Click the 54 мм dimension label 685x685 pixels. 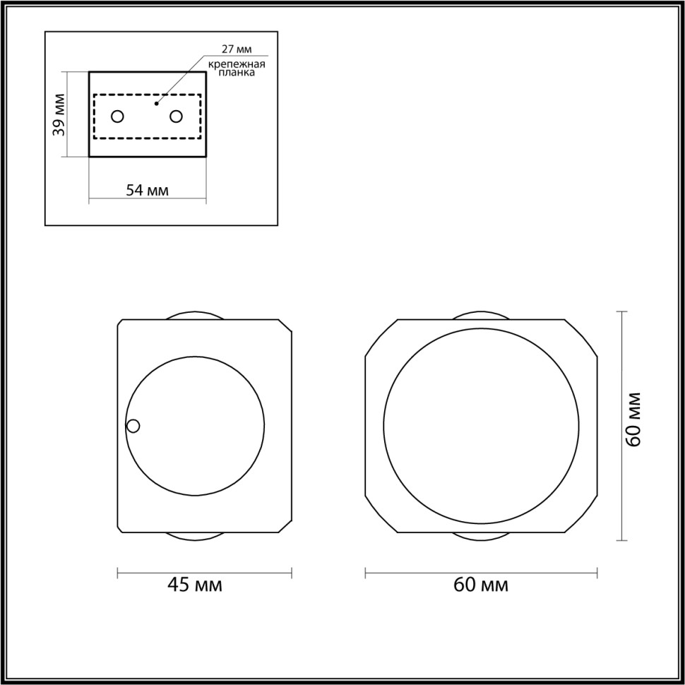pos(147,190)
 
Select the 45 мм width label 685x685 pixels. pos(194,585)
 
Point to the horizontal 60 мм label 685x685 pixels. pos(481,585)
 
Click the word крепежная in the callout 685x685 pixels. pos(236,64)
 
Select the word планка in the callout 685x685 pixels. pos(236,72)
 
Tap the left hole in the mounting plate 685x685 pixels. pos(118,116)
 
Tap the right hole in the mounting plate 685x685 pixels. pos(176,116)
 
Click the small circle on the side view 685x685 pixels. pos(133,426)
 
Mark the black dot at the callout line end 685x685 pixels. pos(157,103)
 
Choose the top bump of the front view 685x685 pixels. pos(480,316)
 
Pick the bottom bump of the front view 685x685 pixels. pos(480,536)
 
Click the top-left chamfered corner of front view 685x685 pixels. pos(381,338)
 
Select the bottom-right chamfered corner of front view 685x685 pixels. pos(580,515)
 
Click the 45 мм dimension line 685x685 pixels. pos(205,571)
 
